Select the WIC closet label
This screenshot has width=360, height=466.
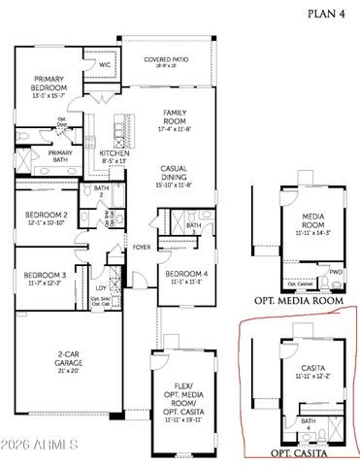tap(105, 65)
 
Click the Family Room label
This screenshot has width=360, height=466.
tap(175, 118)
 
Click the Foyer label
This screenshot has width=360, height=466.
tap(142, 246)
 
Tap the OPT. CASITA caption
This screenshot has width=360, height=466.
tap(298, 453)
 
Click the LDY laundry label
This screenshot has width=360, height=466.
tap(101, 287)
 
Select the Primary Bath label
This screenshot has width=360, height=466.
tap(60, 155)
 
